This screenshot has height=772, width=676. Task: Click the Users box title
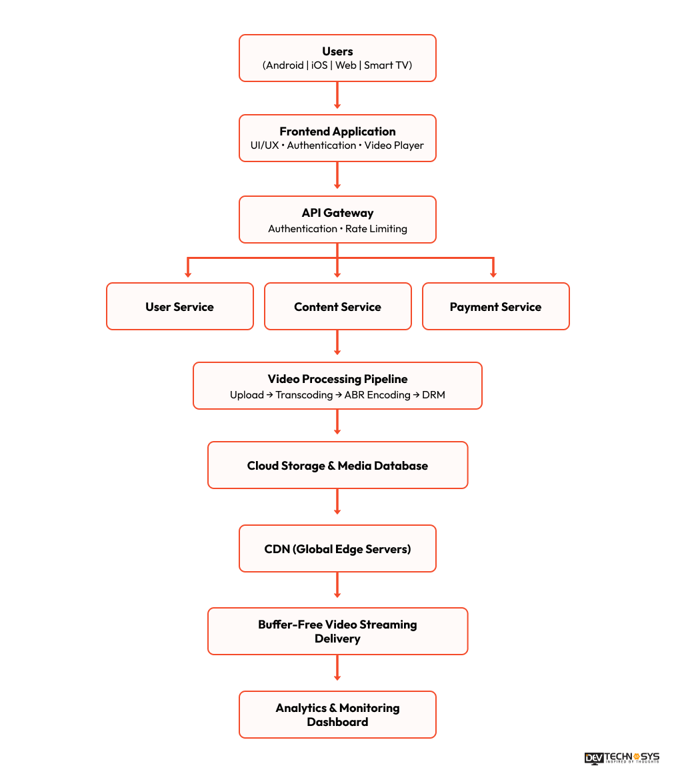[337, 51]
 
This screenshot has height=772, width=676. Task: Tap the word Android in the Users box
[285, 65]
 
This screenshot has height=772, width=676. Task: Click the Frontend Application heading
[337, 131]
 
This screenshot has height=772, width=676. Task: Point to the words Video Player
[394, 145]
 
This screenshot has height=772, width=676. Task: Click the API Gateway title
[337, 214]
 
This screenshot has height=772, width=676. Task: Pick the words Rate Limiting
[377, 229]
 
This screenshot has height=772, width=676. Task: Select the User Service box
[180, 306]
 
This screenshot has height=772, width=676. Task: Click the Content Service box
[338, 306]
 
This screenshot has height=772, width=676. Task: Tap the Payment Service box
[496, 306]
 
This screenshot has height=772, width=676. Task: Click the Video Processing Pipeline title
[337, 379]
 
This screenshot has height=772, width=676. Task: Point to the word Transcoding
[304, 395]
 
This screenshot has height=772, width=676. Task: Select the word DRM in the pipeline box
[433, 395]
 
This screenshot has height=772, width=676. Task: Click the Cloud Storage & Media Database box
[338, 465]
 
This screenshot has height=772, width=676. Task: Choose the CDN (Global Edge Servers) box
[337, 548]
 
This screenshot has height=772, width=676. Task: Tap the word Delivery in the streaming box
[337, 639]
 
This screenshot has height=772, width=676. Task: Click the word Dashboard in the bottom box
[337, 722]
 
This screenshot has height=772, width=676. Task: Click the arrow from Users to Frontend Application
[337, 95]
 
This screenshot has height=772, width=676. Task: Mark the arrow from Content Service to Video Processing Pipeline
[337, 342]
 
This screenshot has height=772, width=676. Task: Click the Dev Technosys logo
[622, 758]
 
